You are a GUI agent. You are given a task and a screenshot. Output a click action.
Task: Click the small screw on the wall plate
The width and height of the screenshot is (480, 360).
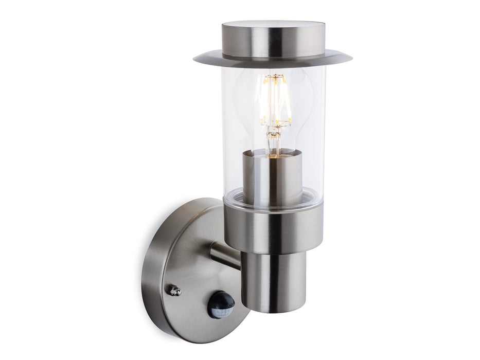tap(175, 291)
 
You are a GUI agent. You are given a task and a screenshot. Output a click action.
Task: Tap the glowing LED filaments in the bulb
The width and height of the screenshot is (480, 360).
tap(276, 103)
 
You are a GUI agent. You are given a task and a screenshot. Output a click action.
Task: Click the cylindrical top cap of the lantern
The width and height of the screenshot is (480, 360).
tap(273, 39)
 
